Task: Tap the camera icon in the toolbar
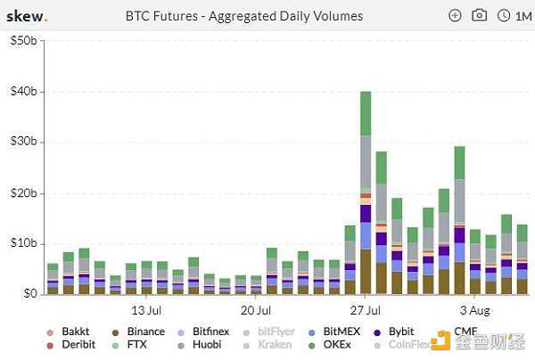click(x=479, y=15)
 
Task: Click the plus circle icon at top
click(x=455, y=15)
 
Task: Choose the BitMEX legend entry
click(x=342, y=331)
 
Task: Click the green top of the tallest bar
click(x=365, y=112)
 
